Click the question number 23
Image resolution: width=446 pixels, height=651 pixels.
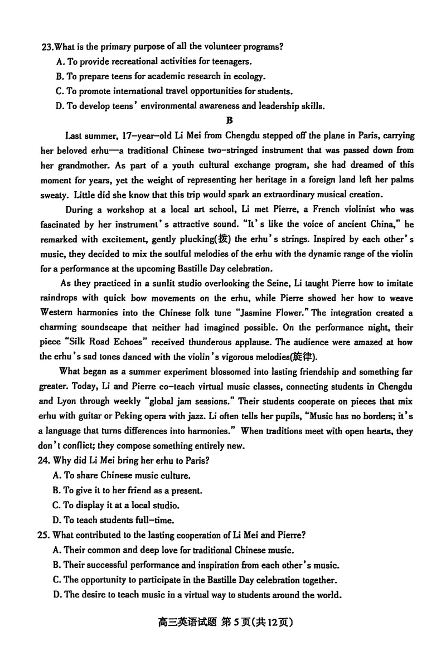coord(47,47)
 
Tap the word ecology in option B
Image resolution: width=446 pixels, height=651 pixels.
coord(250,76)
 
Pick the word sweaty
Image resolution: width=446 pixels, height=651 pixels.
coord(54,195)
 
